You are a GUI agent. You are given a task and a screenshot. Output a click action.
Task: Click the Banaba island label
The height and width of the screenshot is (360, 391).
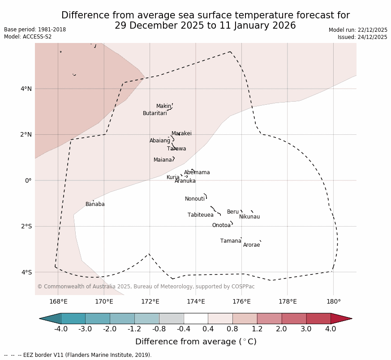coord(95,205)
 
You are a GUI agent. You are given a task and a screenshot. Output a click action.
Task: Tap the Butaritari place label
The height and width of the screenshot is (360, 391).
coord(155,114)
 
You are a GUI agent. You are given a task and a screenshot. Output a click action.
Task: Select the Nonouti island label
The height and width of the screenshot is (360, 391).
coord(195,199)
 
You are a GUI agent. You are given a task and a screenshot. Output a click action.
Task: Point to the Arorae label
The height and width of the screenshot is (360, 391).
coord(252,245)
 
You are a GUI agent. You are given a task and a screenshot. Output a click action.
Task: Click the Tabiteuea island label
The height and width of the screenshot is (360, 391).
coord(201,215)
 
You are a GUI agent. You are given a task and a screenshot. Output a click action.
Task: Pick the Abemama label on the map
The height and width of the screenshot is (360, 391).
coord(197,173)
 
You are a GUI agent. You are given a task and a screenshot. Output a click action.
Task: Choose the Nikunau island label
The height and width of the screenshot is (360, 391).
coord(249,217)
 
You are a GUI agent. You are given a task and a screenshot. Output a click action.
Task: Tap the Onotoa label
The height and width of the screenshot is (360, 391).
coord(221,226)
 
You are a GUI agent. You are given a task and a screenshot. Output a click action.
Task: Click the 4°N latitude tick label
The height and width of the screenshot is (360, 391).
coord(26,89)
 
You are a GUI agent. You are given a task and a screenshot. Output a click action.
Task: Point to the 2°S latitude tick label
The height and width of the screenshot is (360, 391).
coord(26,227)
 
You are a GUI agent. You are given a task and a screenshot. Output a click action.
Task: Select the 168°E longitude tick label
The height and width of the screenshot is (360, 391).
coord(58,301)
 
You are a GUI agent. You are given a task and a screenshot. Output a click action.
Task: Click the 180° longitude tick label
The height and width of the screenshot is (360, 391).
coord(334,301)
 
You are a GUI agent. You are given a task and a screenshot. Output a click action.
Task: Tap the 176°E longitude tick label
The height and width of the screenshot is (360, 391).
coord(242,301)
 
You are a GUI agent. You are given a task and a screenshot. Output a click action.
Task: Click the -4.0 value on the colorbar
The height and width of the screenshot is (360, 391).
coord(61,330)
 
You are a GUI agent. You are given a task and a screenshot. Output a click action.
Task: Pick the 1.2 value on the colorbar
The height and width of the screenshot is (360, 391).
coord(257,330)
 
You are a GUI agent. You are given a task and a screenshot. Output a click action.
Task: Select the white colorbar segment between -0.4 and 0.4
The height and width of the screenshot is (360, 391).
coord(196,318)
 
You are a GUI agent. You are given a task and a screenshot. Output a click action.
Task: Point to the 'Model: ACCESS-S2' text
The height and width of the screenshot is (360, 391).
coord(28,37)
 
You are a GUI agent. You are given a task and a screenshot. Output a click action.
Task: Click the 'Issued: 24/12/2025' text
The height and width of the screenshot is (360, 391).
coord(362,37)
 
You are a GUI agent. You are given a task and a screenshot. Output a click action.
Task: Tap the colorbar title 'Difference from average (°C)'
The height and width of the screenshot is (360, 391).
coord(196,342)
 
